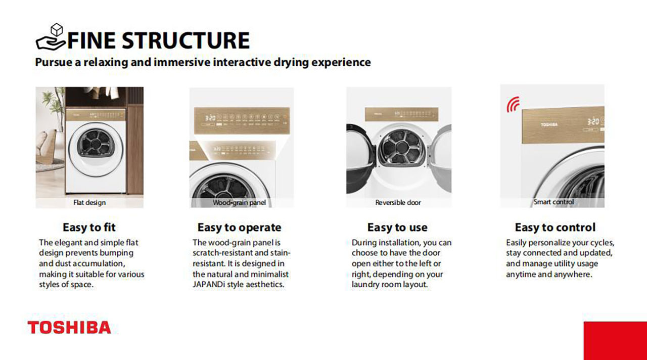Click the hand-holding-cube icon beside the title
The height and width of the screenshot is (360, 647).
[x=50, y=37]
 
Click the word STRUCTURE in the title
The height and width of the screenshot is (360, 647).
[x=186, y=40]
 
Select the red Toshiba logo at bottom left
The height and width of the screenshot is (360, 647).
[x=69, y=327]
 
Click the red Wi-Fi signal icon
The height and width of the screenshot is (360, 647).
[x=513, y=104]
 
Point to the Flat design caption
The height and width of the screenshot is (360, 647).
[x=89, y=203]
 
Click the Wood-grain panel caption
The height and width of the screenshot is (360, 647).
[x=239, y=203]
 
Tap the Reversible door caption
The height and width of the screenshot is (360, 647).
[x=398, y=203]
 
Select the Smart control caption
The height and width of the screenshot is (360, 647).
[x=553, y=202]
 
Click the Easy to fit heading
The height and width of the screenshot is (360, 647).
[x=89, y=228]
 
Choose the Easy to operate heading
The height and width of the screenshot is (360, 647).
[x=239, y=228]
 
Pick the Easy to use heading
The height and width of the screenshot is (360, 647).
[x=397, y=228]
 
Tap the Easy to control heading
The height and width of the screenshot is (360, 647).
[x=555, y=228]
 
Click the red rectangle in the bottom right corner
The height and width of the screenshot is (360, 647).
[x=615, y=341]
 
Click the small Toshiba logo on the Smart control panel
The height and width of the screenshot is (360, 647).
[x=549, y=125]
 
